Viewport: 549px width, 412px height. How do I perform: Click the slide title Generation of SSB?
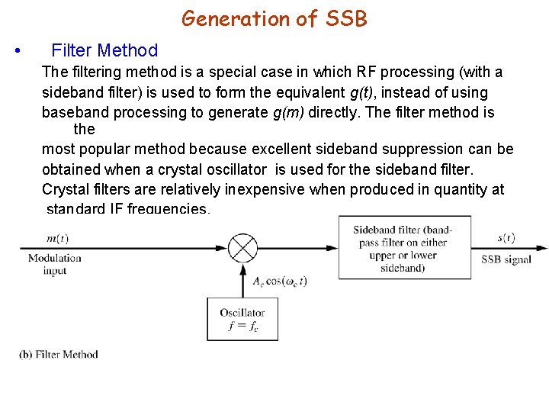274,18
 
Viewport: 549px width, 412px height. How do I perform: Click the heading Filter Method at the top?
104,51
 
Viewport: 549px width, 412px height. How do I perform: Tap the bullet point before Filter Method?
17,52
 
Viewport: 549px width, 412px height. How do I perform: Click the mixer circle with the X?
243,248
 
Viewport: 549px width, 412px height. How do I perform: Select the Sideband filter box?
404,248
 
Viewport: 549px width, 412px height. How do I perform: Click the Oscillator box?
242,319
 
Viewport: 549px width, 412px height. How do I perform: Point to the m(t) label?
57,239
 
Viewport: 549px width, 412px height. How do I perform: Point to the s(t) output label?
506,238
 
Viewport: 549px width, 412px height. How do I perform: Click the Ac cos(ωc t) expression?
280,281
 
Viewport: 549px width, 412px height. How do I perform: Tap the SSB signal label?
506,259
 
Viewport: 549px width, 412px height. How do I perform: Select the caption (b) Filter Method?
59,354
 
